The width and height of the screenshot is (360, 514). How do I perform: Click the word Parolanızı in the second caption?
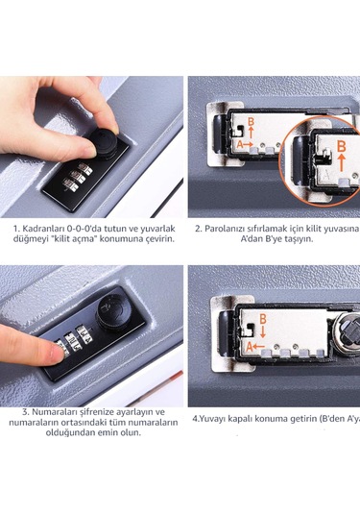[231, 229]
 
